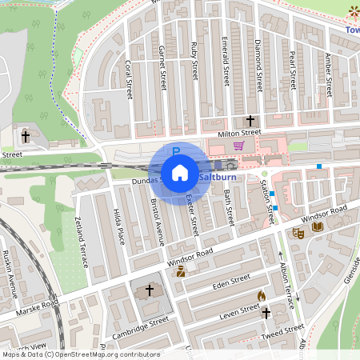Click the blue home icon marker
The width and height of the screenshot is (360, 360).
pos(180,172)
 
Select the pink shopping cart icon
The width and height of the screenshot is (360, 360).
pos(238,146)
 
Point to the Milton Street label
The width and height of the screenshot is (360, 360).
pos(241,132)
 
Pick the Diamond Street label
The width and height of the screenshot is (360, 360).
pos(259,61)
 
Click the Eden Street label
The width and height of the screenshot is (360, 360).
pos(232,282)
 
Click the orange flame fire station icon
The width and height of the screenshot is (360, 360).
pos(261,295)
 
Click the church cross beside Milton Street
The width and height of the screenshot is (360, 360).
pos(250,119)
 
